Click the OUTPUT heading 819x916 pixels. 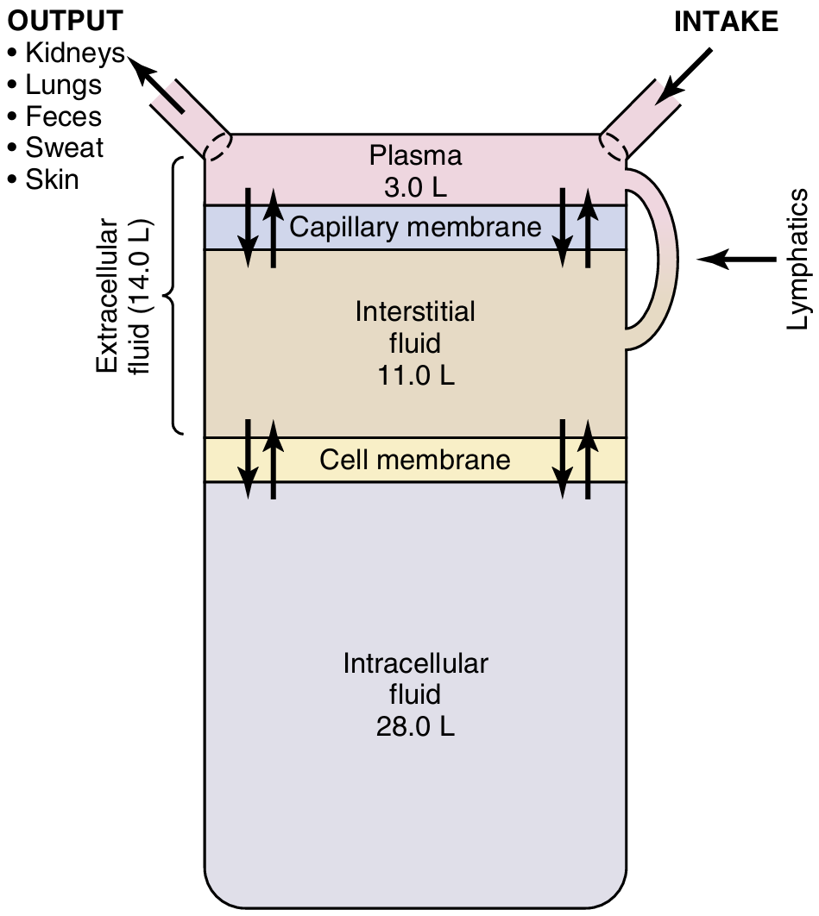(64, 21)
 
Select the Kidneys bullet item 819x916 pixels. (74, 53)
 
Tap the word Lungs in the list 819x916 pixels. (63, 85)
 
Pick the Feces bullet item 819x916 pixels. (63, 116)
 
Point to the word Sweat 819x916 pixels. (64, 147)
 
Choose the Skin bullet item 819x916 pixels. (52, 179)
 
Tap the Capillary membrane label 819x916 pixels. (415, 228)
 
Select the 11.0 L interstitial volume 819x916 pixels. (415, 376)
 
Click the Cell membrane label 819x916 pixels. (415, 460)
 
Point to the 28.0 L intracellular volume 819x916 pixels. (415, 726)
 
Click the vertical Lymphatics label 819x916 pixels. (798, 260)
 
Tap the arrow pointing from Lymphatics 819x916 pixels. (734, 258)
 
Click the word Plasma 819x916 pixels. (415, 156)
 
